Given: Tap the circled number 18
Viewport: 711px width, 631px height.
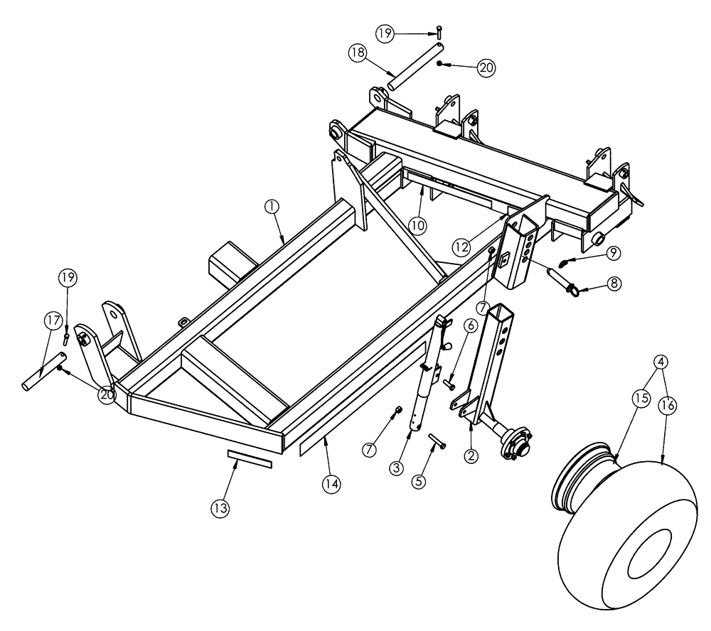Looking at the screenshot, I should click(x=358, y=53).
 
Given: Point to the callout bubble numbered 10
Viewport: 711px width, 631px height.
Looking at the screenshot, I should click(x=417, y=225).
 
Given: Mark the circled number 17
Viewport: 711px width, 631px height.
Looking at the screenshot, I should click(x=53, y=320).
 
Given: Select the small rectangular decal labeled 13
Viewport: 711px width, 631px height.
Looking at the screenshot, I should click(x=249, y=458).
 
